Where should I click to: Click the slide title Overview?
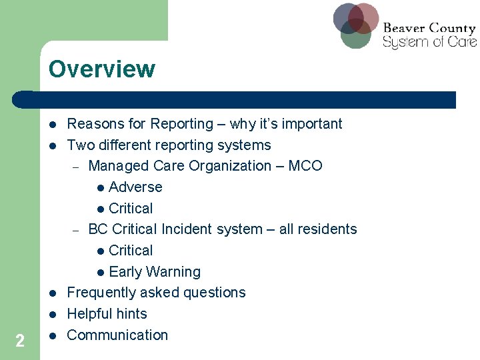pos(101,69)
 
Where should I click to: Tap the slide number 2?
pos(20,341)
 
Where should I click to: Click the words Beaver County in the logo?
pos(429,28)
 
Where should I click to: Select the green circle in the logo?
pos(355,35)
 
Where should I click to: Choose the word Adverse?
pos(135,187)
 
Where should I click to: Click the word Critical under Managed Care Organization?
pos(131,209)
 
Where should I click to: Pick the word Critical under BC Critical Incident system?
pos(131,251)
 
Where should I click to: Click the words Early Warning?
pos(154,272)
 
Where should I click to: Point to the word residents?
pos(327,229)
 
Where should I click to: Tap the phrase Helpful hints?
pos(107,314)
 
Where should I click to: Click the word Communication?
pos(117,335)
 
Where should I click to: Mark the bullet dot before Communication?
pos(51,335)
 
